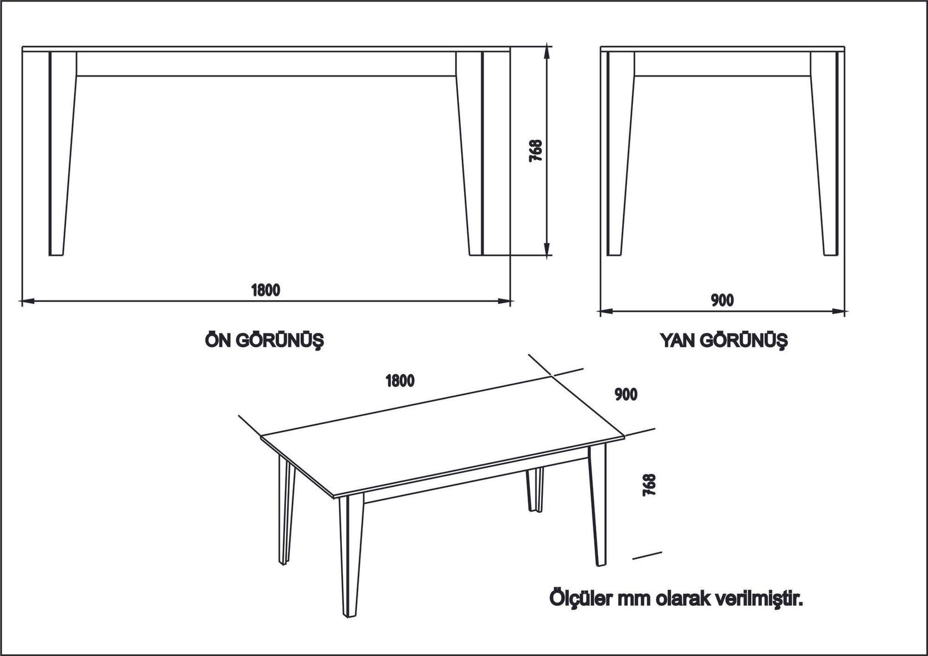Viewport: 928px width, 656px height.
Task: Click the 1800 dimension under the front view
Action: point(265,290)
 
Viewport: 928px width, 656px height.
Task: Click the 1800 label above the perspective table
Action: point(400,381)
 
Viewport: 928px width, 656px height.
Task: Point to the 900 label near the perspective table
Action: point(626,395)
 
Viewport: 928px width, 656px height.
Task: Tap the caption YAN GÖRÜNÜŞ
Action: point(724,340)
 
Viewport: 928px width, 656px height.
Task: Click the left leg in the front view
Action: point(61,152)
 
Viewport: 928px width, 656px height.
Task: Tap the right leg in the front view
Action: point(470,152)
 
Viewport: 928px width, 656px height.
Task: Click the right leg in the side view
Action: point(824,152)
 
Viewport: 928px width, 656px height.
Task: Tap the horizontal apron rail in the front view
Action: point(265,64)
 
